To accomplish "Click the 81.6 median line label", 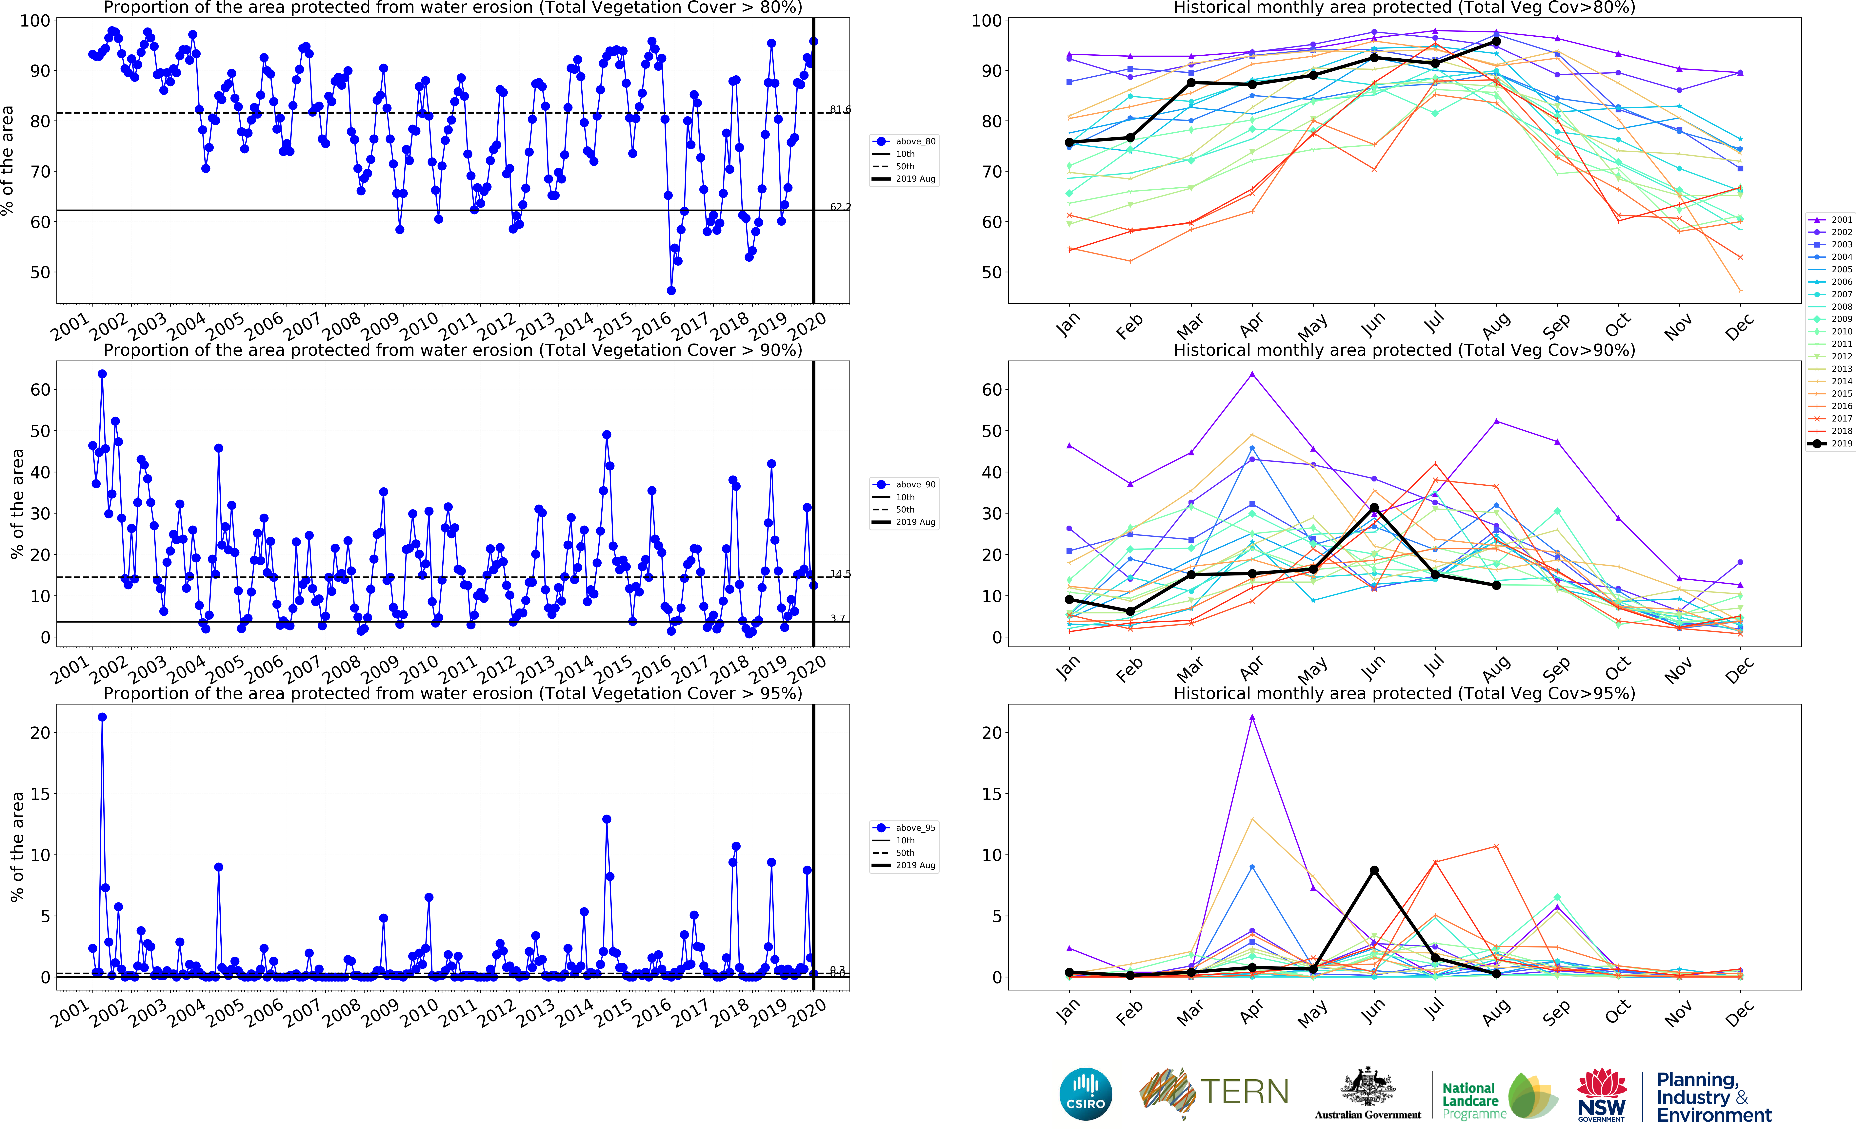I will point(840,110).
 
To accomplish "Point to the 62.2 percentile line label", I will point(840,206).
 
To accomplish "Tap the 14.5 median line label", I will point(840,574).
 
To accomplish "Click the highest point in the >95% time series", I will point(102,717).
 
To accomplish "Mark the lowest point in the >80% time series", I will point(671,290).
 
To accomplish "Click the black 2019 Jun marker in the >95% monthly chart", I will point(1374,870).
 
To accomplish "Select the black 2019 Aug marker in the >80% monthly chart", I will point(1496,42).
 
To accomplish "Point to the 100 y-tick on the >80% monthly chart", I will point(986,21).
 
